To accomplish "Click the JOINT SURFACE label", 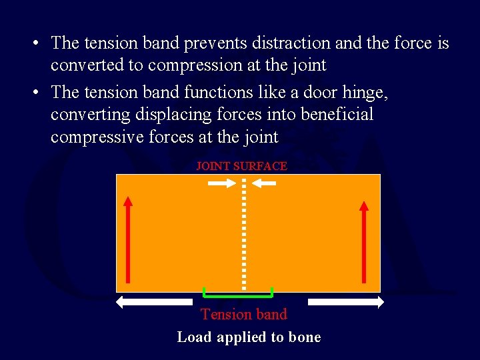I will (x=241, y=166).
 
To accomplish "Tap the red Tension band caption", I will (x=244, y=314).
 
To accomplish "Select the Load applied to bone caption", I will (x=249, y=337).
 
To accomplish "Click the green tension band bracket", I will (x=238, y=293).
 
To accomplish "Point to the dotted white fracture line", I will (x=244, y=233).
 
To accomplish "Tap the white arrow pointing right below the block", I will (x=346, y=302).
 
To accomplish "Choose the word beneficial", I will (x=337, y=115).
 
